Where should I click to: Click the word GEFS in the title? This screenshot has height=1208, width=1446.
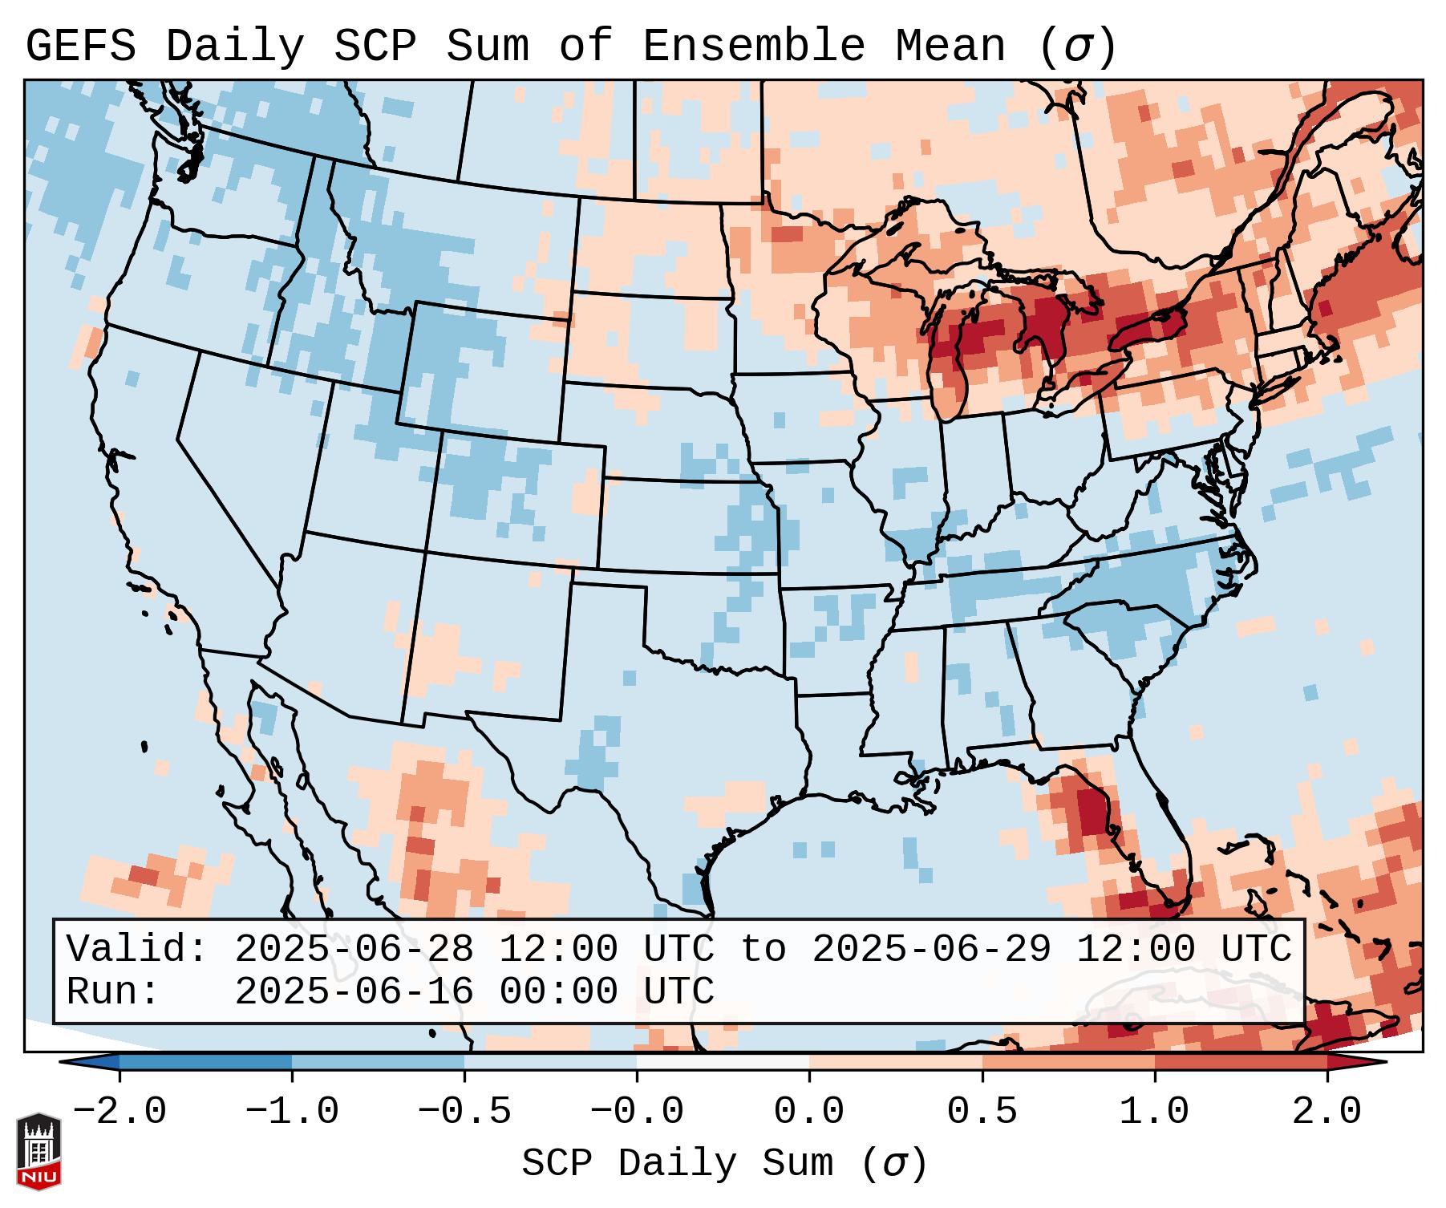tap(80, 47)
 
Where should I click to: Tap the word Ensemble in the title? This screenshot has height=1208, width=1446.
tap(753, 47)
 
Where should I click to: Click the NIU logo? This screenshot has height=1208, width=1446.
tap(38, 1151)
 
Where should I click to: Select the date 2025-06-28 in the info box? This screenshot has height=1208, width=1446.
tap(354, 950)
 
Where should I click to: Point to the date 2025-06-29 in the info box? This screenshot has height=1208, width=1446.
tap(932, 950)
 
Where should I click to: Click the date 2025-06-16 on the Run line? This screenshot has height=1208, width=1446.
tap(354, 992)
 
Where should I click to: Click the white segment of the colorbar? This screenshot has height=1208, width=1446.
tap(723, 1062)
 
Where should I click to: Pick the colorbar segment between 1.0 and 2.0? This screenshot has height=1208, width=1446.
tap(1241, 1062)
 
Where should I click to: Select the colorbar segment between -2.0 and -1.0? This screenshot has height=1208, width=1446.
tap(205, 1062)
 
